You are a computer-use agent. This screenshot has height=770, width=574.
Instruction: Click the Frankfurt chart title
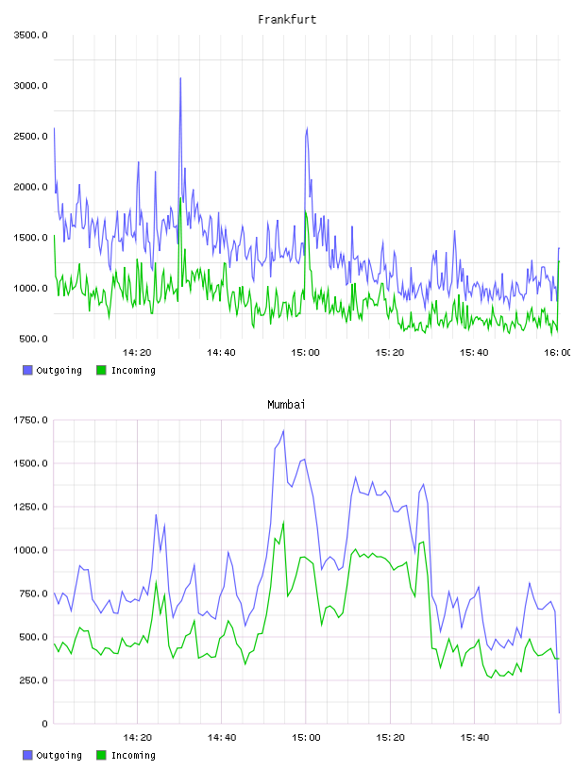[287, 20]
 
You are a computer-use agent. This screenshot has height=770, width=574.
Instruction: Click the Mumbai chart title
[286, 405]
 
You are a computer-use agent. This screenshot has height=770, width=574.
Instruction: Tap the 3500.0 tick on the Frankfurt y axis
[30, 35]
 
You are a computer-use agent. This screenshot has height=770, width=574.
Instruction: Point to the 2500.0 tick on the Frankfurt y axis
[30, 136]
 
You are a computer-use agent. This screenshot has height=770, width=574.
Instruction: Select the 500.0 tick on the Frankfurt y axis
[33, 339]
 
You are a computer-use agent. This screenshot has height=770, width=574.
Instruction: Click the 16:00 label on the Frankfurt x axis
[557, 352]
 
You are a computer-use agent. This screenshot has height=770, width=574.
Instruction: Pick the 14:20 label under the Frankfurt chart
[137, 352]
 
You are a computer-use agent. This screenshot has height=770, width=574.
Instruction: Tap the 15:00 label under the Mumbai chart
[306, 737]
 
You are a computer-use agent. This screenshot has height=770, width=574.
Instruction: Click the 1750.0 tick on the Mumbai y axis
[30, 420]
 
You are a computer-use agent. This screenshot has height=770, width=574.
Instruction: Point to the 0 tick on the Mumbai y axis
[44, 724]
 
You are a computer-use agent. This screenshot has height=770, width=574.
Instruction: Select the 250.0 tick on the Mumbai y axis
[33, 680]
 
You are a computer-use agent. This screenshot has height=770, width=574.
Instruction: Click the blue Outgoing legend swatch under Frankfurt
[27, 370]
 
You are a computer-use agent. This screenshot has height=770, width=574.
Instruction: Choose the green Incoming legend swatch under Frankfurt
[101, 370]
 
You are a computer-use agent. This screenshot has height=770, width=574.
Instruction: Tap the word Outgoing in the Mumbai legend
[59, 755]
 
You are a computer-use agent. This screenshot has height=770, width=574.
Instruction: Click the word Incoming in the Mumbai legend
[133, 755]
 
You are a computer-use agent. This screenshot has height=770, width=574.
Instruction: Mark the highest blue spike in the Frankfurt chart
[180, 78]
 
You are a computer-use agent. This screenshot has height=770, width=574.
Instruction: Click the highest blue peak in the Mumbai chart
[283, 430]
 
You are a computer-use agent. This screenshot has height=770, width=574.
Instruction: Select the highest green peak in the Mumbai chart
[283, 522]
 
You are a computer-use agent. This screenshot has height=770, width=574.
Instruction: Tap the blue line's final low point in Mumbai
[559, 712]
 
